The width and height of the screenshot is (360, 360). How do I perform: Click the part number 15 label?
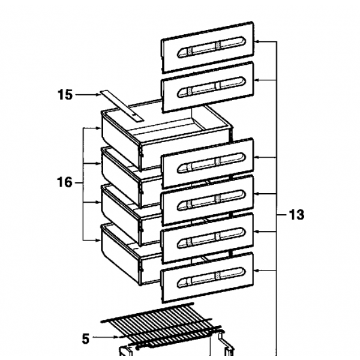click(65, 94)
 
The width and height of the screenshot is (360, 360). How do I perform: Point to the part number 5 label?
click(85, 339)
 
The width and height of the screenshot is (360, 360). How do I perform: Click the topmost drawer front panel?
click(208, 47)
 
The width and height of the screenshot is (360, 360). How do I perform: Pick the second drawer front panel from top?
click(208, 86)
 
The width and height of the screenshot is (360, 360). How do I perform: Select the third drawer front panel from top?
click(208, 163)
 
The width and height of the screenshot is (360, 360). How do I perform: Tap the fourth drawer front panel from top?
click(208, 200)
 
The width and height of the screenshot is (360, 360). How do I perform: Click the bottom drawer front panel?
click(208, 277)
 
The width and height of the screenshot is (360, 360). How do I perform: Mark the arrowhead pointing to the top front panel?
click(259, 42)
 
